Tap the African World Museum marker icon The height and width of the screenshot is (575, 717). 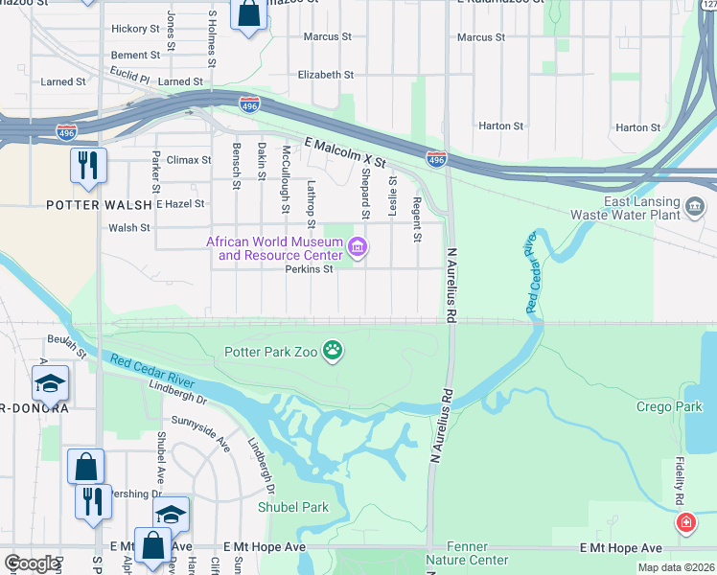click(358, 249)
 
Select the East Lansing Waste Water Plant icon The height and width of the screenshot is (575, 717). click(695, 205)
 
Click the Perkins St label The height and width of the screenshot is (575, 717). click(309, 269)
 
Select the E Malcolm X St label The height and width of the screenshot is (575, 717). click(344, 152)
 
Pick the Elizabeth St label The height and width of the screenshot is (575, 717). click(326, 75)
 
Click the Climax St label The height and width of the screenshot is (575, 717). click(188, 160)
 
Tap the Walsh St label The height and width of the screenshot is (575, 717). click(129, 228)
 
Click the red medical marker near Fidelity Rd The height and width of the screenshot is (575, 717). click(686, 522)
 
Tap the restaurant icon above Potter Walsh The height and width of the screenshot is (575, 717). click(88, 165)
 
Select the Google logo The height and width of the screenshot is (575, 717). click(32, 563)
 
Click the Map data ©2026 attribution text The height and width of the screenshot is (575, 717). click(675, 567)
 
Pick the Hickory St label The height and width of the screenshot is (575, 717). click(134, 30)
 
